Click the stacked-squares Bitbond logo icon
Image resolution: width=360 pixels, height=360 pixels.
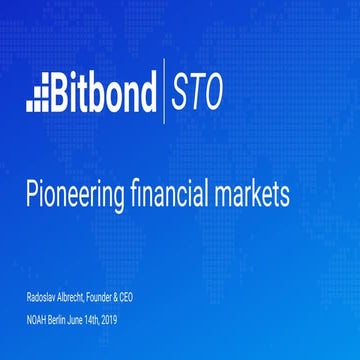(x=37, y=94)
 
